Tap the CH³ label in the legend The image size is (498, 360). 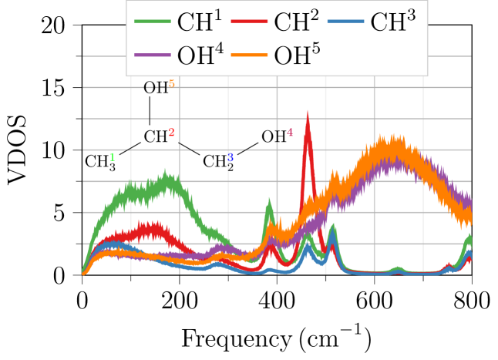tap(392, 22)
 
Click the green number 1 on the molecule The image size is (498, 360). tap(113, 157)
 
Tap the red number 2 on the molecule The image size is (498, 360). tap(171, 133)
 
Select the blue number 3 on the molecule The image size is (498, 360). tap(230, 157)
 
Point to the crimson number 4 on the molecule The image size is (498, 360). tap(290, 133)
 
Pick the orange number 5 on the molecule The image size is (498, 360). tap(171, 83)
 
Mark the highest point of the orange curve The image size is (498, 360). tap(395, 136)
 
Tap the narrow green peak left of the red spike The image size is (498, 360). tap(268, 199)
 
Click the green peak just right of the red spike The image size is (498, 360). tap(332, 224)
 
